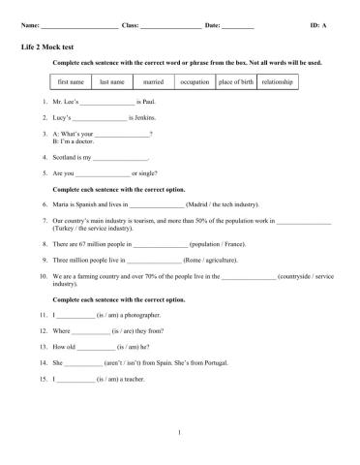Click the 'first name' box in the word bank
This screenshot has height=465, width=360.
point(73,82)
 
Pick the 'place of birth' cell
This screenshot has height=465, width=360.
point(236,82)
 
